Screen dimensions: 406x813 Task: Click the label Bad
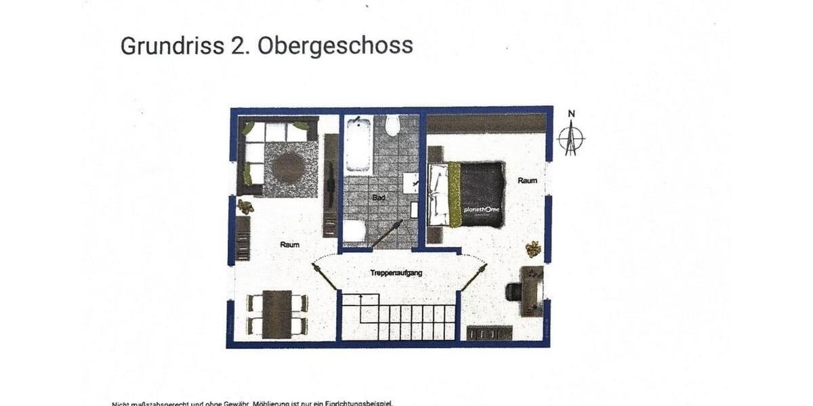[379, 198]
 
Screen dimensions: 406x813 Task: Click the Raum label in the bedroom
[527, 181]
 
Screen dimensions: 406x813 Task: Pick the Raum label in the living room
[290, 244]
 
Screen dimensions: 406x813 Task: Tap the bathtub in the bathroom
[358, 144]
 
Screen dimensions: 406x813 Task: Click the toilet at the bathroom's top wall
[392, 125]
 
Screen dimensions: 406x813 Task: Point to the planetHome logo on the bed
[482, 210]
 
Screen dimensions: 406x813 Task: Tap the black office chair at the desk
[513, 291]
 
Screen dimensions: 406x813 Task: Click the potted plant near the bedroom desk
[533, 248]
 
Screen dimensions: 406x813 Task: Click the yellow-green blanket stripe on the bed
[454, 195]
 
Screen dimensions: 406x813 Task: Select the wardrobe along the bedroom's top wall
[486, 122]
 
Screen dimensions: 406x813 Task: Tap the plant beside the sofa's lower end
[245, 206]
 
